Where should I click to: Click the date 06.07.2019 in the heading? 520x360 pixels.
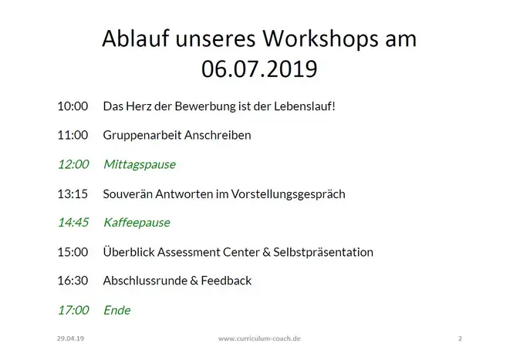click(x=259, y=69)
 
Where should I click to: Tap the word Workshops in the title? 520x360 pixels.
click(x=321, y=39)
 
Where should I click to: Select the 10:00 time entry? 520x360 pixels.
click(x=73, y=106)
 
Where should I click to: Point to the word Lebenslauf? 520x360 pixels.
click(x=305, y=106)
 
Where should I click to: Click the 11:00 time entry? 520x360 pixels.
click(x=73, y=135)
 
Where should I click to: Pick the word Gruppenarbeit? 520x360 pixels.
click(x=142, y=136)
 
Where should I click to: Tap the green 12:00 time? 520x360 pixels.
click(x=73, y=164)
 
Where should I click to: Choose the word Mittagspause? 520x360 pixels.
click(x=140, y=165)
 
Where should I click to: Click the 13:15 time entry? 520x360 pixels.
click(x=73, y=194)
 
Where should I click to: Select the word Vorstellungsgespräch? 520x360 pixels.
click(x=289, y=194)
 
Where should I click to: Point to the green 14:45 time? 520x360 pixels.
click(x=73, y=223)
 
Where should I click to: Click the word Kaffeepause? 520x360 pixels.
click(x=137, y=223)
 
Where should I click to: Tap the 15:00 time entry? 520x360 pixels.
click(x=73, y=252)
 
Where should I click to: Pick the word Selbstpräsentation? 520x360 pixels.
click(x=323, y=253)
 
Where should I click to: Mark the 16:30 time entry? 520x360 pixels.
click(x=73, y=281)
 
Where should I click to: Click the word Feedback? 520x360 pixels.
click(x=226, y=281)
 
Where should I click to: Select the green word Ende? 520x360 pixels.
click(x=117, y=310)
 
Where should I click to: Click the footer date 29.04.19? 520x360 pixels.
click(x=70, y=338)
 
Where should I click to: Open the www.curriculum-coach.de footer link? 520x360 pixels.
click(x=259, y=338)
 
